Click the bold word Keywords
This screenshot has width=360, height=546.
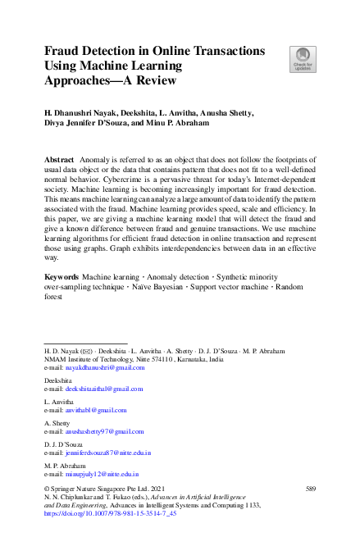point(62,279)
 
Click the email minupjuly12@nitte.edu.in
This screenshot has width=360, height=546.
point(96,474)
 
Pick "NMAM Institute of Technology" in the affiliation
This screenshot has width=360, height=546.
point(88,359)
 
